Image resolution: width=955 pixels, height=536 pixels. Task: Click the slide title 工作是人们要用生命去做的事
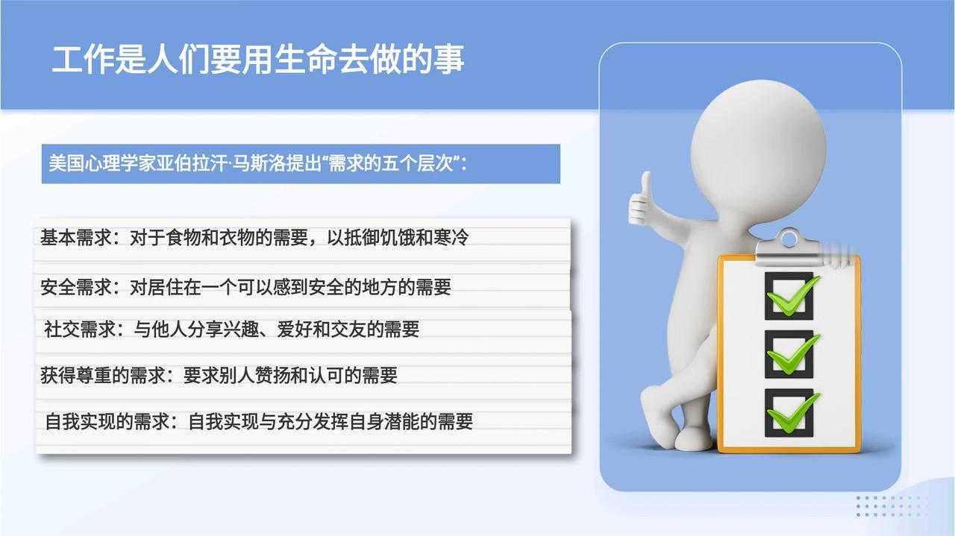pyautogui.click(x=258, y=59)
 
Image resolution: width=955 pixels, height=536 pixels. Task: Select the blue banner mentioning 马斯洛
pyautogui.click(x=301, y=163)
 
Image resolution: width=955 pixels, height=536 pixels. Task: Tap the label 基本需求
pyautogui.click(x=76, y=237)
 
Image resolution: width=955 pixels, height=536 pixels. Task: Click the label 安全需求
pyautogui.click(x=76, y=287)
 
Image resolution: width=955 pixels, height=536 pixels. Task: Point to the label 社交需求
pyautogui.click(x=80, y=329)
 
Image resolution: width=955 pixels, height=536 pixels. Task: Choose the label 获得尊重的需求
pyautogui.click(x=103, y=376)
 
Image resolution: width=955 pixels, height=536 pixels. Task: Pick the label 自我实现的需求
pyautogui.click(x=107, y=421)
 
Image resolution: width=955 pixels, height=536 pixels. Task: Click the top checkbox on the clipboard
pyautogui.click(x=789, y=296)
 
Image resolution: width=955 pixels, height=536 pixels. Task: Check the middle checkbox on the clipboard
pyautogui.click(x=789, y=354)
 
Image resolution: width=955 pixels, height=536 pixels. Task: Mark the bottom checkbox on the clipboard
pyautogui.click(x=789, y=412)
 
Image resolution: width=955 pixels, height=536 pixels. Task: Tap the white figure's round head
pyautogui.click(x=758, y=150)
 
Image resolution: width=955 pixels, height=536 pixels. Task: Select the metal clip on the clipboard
pyautogui.click(x=789, y=247)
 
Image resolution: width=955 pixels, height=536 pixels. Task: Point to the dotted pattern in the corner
pyautogui.click(x=892, y=506)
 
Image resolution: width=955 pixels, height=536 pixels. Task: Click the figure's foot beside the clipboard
pyautogui.click(x=694, y=439)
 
